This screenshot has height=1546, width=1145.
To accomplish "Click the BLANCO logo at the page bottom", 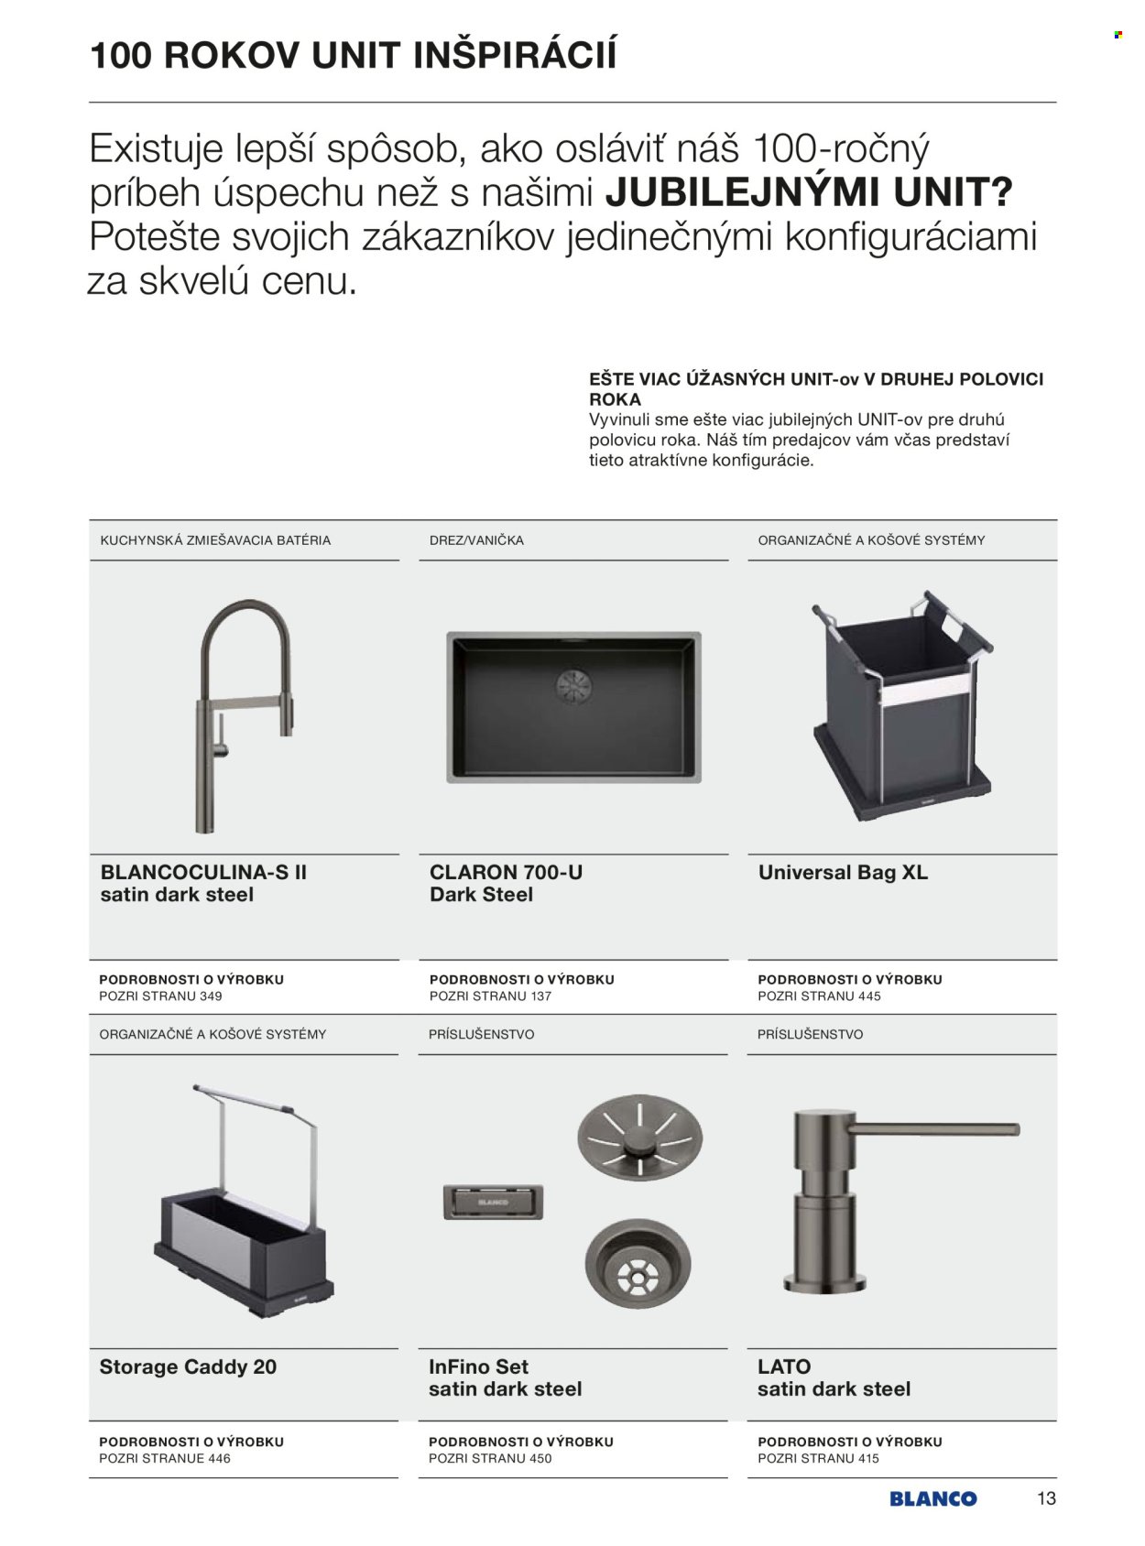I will point(932,1499).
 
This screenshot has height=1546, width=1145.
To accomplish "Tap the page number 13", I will point(1046,1498).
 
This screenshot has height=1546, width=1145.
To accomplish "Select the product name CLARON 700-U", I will point(506,873).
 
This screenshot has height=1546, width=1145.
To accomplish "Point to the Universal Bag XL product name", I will point(843,873).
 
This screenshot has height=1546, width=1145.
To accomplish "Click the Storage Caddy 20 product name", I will point(188,1366).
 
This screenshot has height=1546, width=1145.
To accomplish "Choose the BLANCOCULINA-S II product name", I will point(203,873).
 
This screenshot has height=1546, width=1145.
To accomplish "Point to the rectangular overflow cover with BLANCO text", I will point(493,1201).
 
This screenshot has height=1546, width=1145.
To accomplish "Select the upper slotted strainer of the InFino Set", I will point(638,1138).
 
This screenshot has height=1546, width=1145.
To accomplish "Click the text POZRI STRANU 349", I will point(160,996).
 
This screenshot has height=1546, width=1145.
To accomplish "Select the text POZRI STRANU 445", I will point(819,996).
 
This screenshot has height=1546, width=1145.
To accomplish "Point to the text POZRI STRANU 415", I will point(818,1458).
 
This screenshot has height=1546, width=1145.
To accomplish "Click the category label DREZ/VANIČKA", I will point(476,540).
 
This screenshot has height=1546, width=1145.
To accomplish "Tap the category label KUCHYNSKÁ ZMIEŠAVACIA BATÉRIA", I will point(215,540).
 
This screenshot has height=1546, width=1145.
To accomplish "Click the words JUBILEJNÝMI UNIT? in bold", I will point(809,192).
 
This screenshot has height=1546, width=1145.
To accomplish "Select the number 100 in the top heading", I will point(122,56).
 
